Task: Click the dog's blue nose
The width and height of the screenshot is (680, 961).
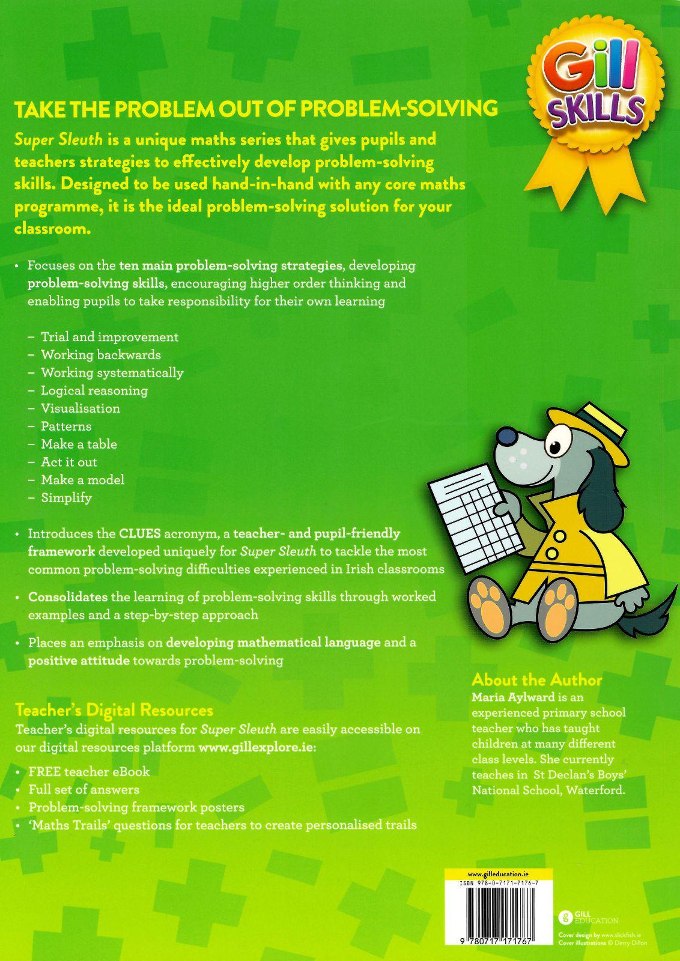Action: point(509,435)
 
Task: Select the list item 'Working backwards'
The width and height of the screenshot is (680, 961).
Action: point(100,354)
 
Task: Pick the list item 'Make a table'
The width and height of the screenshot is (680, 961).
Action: point(79,444)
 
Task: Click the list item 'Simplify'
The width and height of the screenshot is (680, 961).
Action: point(66,497)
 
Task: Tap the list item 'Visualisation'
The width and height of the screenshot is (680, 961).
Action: point(80,408)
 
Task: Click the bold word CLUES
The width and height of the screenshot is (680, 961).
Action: point(139,533)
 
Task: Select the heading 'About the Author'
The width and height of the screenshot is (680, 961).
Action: point(536,680)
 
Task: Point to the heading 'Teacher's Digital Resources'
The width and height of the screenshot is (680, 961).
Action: point(114,711)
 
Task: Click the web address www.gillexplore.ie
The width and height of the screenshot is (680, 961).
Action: point(256,748)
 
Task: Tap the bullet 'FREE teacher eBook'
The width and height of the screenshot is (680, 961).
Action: point(89,772)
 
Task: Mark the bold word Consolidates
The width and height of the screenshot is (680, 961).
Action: point(68,597)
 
